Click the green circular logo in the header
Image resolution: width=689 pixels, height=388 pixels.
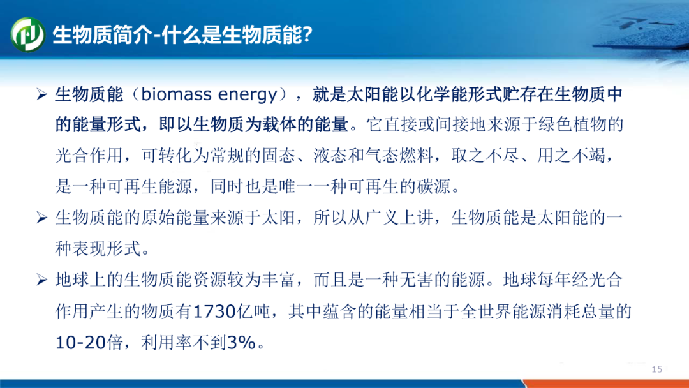tap(27, 34)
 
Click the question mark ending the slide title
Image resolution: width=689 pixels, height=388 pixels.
tap(307, 34)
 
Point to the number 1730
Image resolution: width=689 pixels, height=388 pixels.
tap(214, 311)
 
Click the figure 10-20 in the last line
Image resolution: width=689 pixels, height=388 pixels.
tap(80, 342)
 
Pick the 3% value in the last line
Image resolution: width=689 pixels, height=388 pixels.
tap(241, 342)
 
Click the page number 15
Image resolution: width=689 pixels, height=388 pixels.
tap(657, 369)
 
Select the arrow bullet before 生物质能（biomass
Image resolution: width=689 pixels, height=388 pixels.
tap(41, 94)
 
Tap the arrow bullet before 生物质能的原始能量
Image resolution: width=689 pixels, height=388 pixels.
tap(41, 218)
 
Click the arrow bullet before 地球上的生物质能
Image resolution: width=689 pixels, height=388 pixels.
tap(41, 280)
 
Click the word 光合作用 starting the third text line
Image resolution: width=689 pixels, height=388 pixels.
tap(89, 156)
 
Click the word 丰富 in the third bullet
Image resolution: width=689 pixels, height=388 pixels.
tap(279, 280)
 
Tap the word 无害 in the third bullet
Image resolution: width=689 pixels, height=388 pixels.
tap(417, 280)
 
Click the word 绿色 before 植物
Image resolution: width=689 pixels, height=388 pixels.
tap(554, 125)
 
